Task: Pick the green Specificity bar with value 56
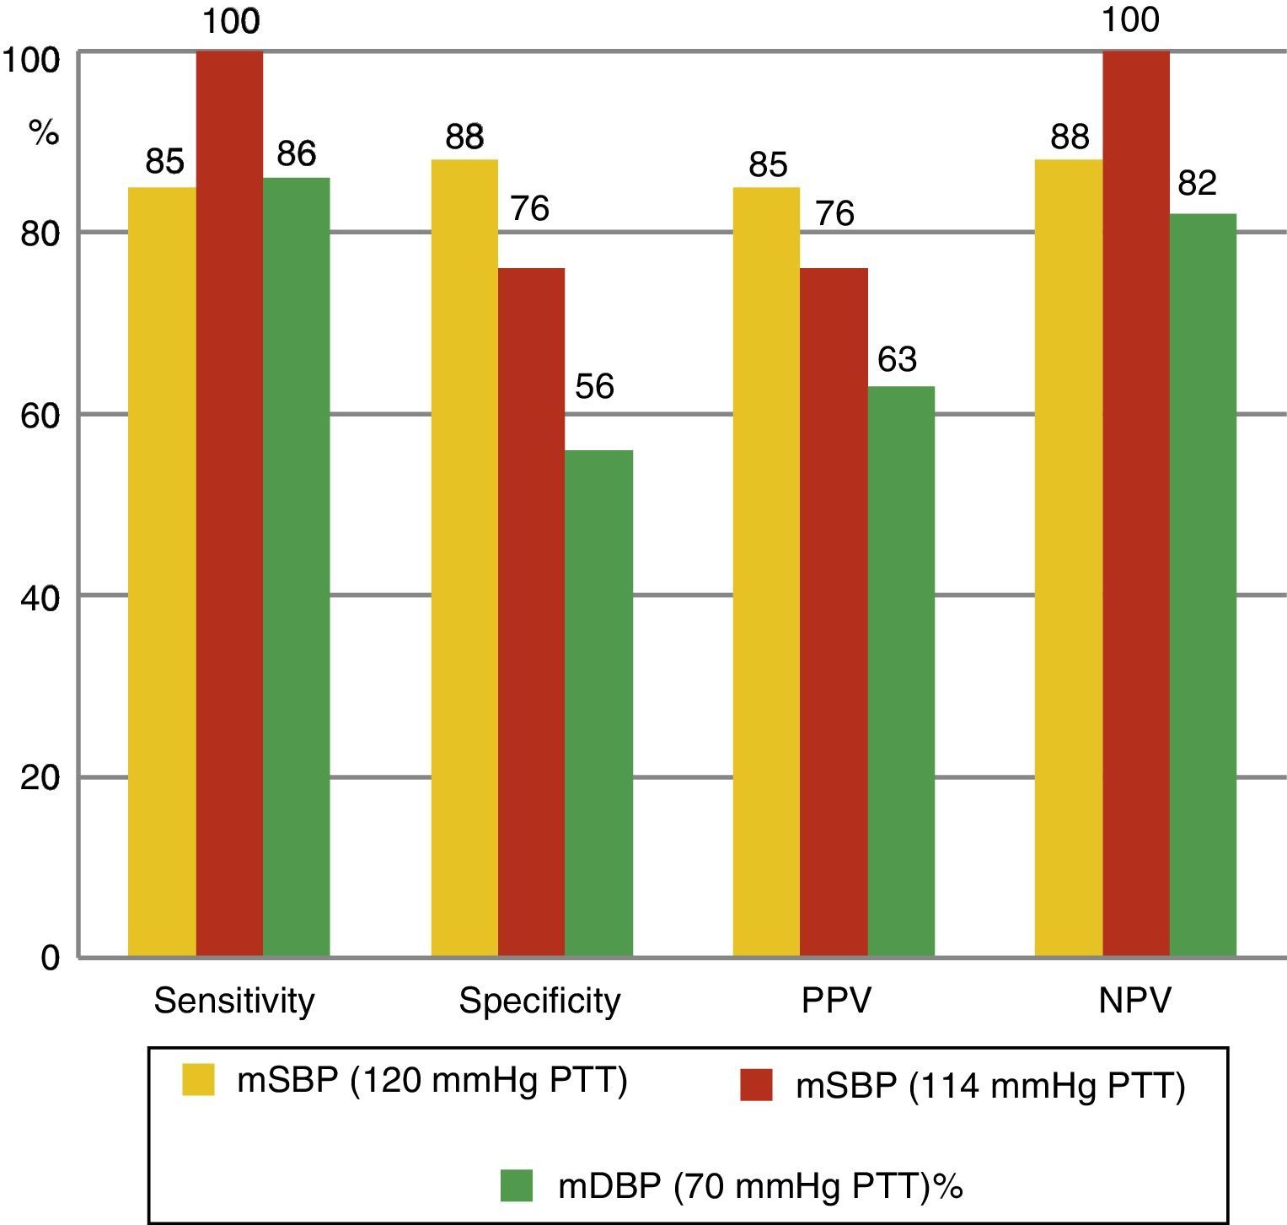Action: [x=598, y=703]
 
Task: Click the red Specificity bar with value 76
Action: [x=531, y=612]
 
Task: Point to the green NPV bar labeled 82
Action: [x=1203, y=585]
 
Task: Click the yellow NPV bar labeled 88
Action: [x=1068, y=557]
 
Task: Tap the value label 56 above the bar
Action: [x=594, y=386]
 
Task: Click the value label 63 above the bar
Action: [x=897, y=359]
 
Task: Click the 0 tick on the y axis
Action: [x=50, y=958]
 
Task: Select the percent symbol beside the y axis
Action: [x=44, y=132]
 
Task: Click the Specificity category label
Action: [x=539, y=1001]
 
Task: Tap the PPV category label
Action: [x=836, y=1001]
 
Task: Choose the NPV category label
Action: [x=1135, y=1001]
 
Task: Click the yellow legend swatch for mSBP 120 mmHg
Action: [x=198, y=1079]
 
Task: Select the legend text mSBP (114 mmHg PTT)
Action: [x=990, y=1086]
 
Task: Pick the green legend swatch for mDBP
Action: [x=516, y=1185]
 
